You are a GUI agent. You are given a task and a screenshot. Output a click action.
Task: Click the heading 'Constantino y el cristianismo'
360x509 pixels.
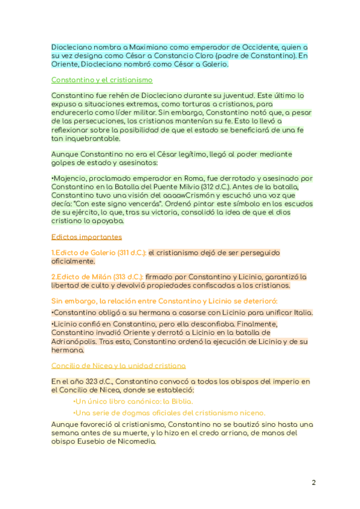102,80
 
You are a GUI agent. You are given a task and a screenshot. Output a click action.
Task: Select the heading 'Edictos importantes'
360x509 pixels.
86,237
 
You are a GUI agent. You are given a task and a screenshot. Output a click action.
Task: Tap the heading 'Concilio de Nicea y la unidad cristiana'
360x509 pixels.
118,365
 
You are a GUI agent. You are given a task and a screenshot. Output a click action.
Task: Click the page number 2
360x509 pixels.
313,483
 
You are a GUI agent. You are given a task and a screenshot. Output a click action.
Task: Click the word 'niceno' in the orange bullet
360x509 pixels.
252,413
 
